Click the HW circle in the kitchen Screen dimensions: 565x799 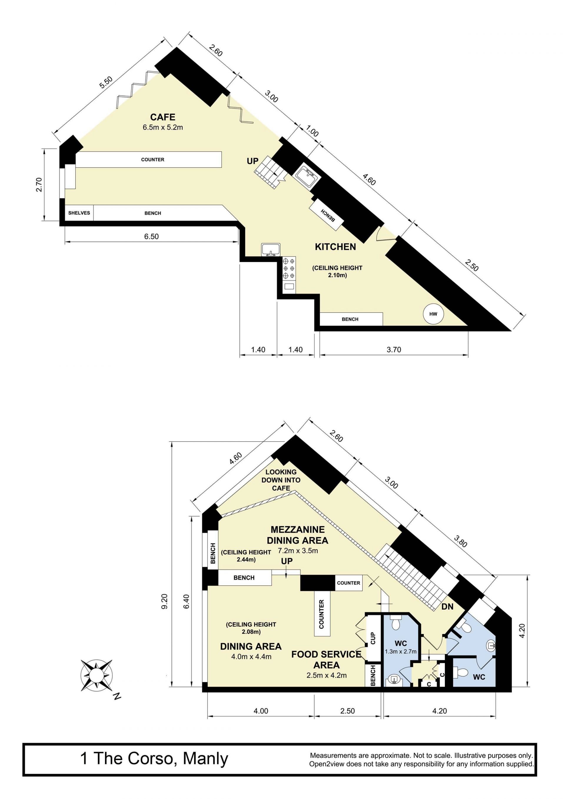[x=433, y=314]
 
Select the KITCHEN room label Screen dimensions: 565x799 [x=335, y=247]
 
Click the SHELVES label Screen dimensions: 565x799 [x=79, y=213]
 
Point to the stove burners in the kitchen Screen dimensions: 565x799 [x=289, y=268]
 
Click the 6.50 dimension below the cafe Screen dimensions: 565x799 [x=152, y=237]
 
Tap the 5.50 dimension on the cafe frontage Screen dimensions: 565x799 [x=106, y=82]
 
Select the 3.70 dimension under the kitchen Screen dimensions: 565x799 [x=394, y=350]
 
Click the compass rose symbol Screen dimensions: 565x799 [x=97, y=675]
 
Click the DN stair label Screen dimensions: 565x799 [x=447, y=607]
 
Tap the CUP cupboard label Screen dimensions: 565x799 [x=373, y=638]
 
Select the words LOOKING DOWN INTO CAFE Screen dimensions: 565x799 [x=281, y=480]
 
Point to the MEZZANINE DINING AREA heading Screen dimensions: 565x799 [x=298, y=535]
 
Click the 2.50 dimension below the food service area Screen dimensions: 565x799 [x=348, y=711]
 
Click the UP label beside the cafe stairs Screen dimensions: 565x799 [x=253, y=161]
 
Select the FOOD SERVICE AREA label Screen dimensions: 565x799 [x=327, y=660]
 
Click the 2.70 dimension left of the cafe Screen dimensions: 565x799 [x=39, y=184]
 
